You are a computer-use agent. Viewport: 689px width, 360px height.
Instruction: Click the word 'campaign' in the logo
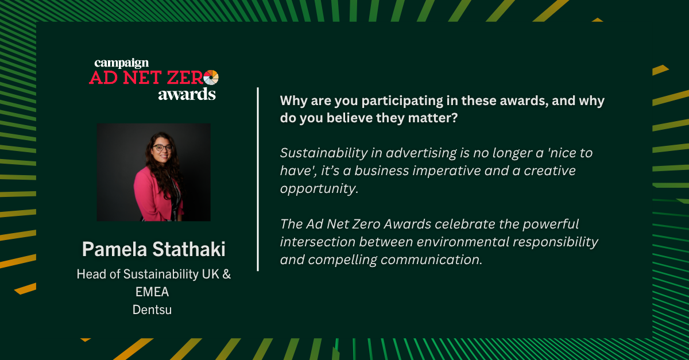pyautogui.click(x=122, y=63)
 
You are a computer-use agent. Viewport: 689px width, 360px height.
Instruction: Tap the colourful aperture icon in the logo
pyautogui.click(x=211, y=78)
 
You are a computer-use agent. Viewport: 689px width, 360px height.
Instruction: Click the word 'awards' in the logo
pyautogui.click(x=187, y=94)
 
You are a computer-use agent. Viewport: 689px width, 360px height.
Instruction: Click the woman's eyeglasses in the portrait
pyautogui.click(x=162, y=148)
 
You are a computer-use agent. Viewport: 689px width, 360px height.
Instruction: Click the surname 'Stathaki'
pyautogui.click(x=189, y=249)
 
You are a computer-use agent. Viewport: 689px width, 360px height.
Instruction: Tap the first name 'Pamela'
pyautogui.click(x=115, y=249)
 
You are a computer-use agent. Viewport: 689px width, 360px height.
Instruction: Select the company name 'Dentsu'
pyautogui.click(x=152, y=309)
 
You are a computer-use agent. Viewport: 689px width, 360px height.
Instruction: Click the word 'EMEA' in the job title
pyautogui.click(x=152, y=292)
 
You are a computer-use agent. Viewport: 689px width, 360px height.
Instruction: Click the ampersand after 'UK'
pyautogui.click(x=226, y=274)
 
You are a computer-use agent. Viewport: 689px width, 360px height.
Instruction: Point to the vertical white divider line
pyautogui.click(x=258, y=179)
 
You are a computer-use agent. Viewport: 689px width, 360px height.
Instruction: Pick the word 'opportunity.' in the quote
pyautogui.click(x=319, y=189)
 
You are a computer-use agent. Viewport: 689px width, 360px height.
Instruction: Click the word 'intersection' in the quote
pyautogui.click(x=318, y=242)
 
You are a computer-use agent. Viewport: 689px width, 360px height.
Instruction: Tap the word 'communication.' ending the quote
pyautogui.click(x=431, y=260)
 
